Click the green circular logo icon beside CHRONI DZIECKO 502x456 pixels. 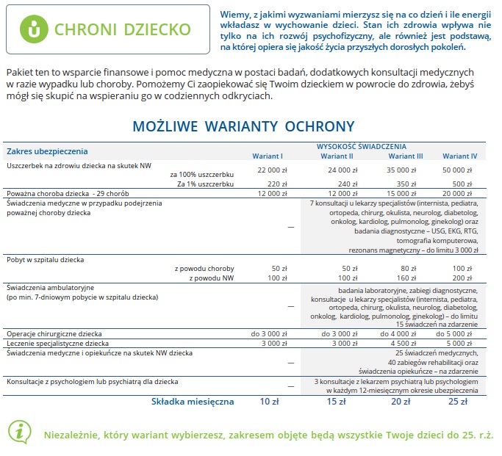(x=32, y=29)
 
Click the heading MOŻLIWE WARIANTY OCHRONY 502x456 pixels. (x=243, y=126)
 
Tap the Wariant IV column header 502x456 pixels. (x=460, y=156)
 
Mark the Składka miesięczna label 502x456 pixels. (x=193, y=402)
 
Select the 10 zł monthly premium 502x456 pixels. (x=270, y=402)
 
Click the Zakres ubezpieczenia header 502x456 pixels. (x=47, y=151)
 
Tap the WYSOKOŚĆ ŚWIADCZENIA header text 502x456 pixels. (x=362, y=146)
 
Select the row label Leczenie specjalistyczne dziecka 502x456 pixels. (x=57, y=344)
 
